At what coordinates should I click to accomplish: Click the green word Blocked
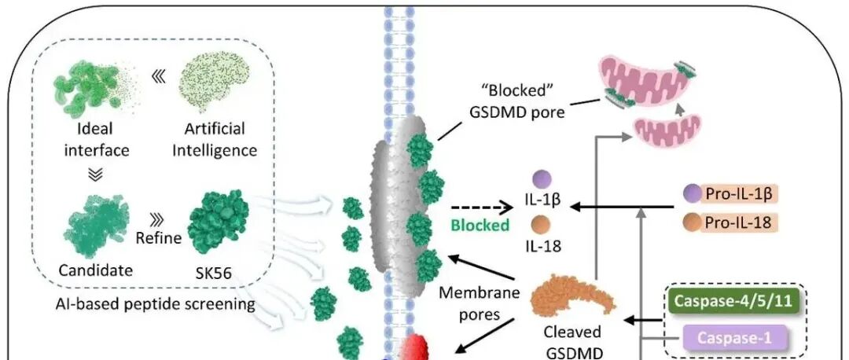point(480,226)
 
